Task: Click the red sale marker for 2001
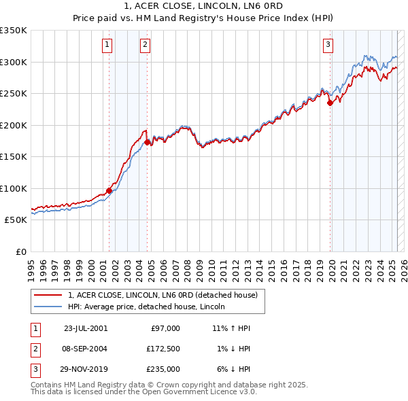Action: coord(109,190)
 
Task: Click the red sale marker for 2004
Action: coord(147,143)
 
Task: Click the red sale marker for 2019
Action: coord(330,103)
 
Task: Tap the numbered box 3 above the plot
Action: coord(328,46)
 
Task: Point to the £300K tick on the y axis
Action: coord(14,62)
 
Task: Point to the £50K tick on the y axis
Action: coord(16,220)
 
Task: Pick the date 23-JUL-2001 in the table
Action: coord(85,328)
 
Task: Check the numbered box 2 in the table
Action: coord(35,349)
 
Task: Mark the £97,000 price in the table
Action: coord(165,328)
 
